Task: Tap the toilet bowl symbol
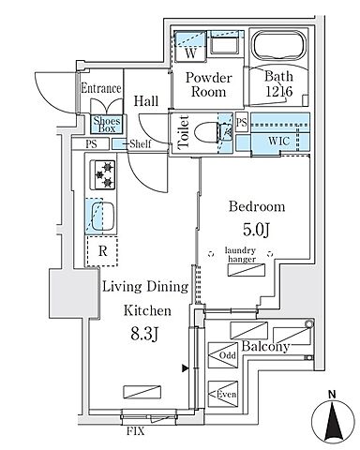coord(205,132)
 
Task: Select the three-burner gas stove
coord(103,175)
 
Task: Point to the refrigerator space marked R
coord(102,251)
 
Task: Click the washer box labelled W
coord(190,46)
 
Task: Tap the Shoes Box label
coord(107,124)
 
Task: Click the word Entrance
coord(101,88)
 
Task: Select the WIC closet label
coord(279,141)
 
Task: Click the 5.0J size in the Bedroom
coord(256,231)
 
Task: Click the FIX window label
coord(136,431)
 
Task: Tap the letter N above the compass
coord(332,395)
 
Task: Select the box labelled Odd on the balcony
coord(223,355)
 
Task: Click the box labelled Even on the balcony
coord(223,394)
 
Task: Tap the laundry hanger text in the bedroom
coord(241,254)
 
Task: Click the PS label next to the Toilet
coord(242,122)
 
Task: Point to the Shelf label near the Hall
coord(141,143)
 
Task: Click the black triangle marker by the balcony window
coord(186,368)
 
